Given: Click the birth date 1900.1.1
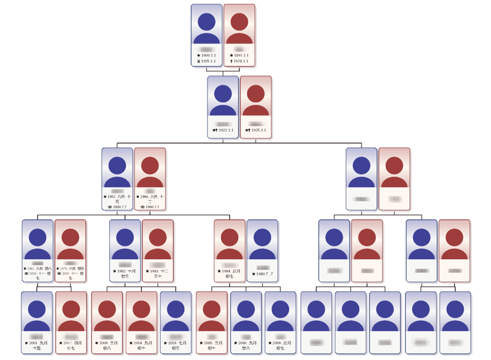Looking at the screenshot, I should pos(209,55).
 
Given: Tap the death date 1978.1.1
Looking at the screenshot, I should pos(241,61).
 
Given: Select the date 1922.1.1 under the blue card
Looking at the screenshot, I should pos(225,130).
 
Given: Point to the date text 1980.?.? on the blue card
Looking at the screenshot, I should pos(264,274).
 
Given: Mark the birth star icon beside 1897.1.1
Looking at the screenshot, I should pos(231,55).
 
